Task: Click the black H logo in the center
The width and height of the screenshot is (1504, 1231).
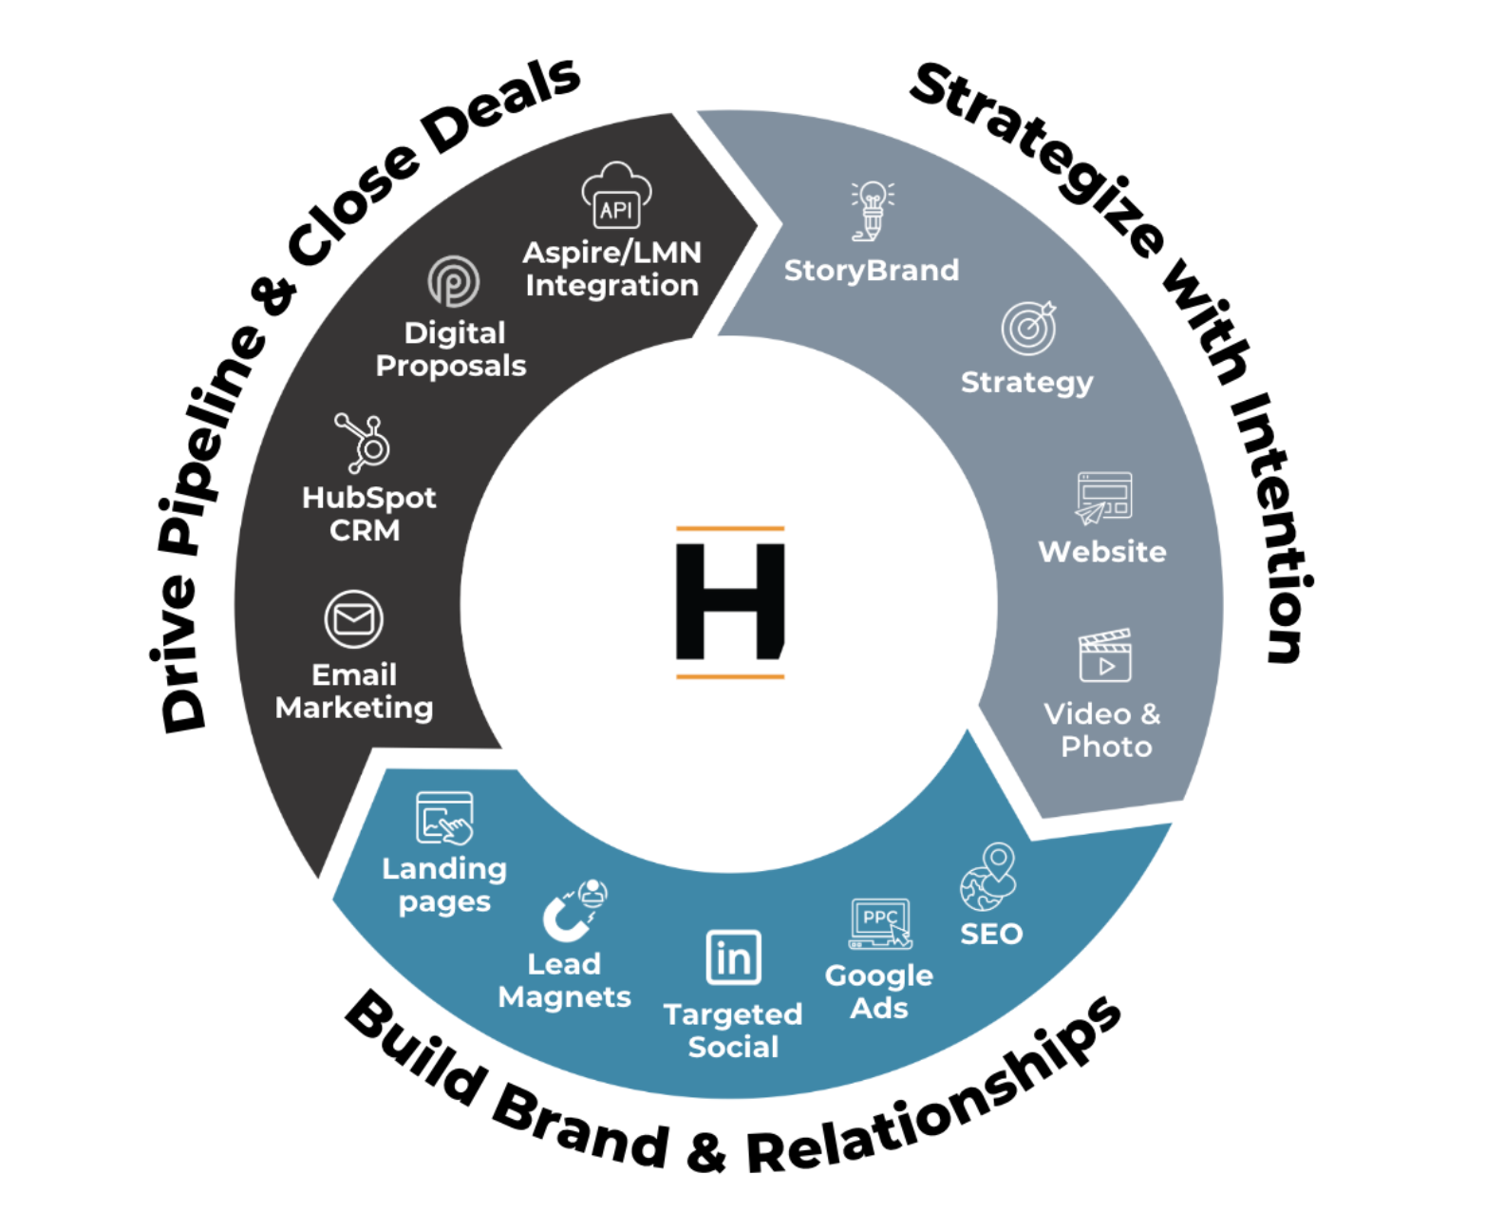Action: pos(729,601)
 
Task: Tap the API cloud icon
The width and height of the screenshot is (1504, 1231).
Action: pos(616,196)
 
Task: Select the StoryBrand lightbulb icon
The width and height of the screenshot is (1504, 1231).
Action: pos(872,210)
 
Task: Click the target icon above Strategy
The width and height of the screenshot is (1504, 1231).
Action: pos(1028,328)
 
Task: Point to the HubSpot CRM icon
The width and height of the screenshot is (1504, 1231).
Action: pos(364,443)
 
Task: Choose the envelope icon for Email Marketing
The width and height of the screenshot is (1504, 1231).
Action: pos(354,619)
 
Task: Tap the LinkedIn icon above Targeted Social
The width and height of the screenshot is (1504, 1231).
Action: pos(733,957)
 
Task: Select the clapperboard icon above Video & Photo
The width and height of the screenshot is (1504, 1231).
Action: pos(1104,655)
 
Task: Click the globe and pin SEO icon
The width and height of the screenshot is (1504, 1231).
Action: pos(988,876)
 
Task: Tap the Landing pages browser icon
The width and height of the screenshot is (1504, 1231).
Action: pos(444,818)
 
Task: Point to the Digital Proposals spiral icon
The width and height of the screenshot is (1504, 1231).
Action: pos(453,281)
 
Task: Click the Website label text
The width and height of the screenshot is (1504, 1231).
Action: pos(1101,552)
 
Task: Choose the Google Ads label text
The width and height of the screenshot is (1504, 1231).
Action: pos(879,992)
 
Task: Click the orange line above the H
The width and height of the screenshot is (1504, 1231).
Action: pos(729,528)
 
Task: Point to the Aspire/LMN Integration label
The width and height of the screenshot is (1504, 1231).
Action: pos(612,269)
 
